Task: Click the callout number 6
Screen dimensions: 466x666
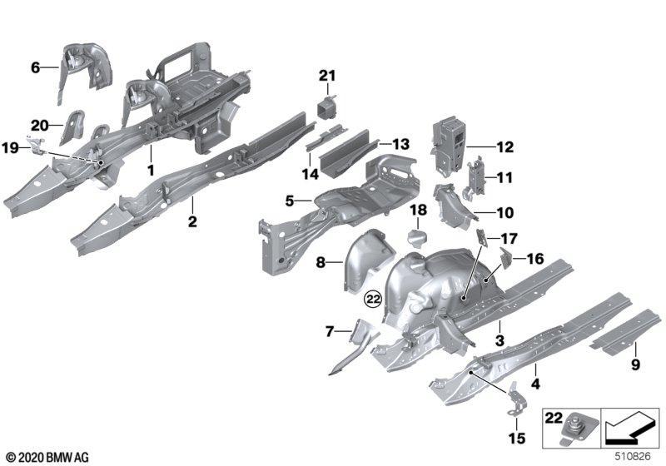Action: pos(36,68)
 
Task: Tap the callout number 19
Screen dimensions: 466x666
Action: pos(10,147)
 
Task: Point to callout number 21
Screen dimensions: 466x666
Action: pos(326,77)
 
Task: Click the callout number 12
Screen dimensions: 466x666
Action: pos(505,148)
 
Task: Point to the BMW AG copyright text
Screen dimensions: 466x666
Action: pos(47,457)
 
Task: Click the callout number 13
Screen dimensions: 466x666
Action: pos(401,144)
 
